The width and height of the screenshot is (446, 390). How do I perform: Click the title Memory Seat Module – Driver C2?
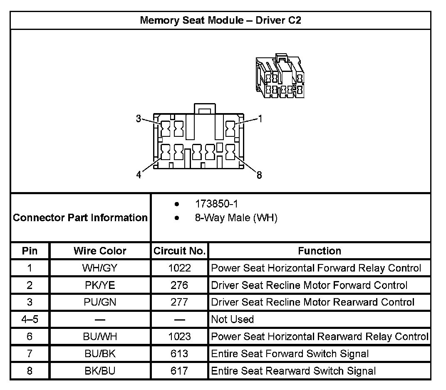coord(220,20)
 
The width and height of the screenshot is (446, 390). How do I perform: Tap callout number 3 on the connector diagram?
coord(139,118)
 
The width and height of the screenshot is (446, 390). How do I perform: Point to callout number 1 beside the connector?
coord(260,119)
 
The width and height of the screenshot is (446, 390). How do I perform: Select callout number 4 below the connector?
coord(139,175)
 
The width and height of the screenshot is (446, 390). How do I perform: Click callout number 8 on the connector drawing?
coord(259,175)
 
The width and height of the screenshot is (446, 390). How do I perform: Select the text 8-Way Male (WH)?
coord(236,217)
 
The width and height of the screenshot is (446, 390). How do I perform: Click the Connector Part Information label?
coord(80,217)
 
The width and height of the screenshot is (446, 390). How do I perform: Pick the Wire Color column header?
coord(100,251)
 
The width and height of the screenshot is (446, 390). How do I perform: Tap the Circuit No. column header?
coord(179,251)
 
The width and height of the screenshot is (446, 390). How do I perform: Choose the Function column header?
coord(319,251)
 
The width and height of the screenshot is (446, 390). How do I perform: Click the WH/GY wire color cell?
coord(100,268)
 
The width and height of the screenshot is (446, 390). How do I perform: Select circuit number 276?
coord(179,285)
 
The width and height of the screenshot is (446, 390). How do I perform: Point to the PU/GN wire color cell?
coord(100,302)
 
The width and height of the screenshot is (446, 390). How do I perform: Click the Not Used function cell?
coord(232,319)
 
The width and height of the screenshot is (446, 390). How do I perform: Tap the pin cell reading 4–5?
coord(30,319)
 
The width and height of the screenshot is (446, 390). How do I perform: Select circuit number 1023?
coord(179,336)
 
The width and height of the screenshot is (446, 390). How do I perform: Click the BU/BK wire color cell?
coord(100,354)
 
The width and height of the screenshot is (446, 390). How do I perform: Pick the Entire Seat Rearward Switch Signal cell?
coord(293,371)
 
